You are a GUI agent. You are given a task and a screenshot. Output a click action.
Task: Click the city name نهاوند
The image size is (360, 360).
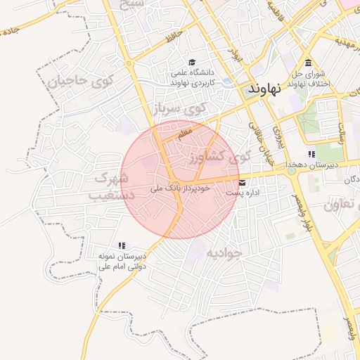265,89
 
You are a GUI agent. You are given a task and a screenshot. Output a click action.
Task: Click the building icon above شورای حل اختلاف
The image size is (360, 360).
309,62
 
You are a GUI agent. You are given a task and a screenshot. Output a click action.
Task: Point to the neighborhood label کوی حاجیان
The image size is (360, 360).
80,80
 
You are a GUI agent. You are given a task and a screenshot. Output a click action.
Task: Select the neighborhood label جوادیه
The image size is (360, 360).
224,251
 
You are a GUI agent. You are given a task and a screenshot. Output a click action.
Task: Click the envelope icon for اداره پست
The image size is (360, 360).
242,183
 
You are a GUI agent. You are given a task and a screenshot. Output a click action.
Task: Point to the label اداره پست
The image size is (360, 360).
247,193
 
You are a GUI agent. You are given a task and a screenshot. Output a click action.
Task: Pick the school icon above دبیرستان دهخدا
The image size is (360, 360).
311,155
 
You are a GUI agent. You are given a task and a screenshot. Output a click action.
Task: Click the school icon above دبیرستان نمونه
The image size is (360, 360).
122,245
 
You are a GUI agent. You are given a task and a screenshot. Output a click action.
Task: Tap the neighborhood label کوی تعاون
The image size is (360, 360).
341,205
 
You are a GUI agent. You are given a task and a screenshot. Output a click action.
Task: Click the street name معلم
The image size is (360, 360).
185,131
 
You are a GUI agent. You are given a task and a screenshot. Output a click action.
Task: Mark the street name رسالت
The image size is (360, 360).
341,131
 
